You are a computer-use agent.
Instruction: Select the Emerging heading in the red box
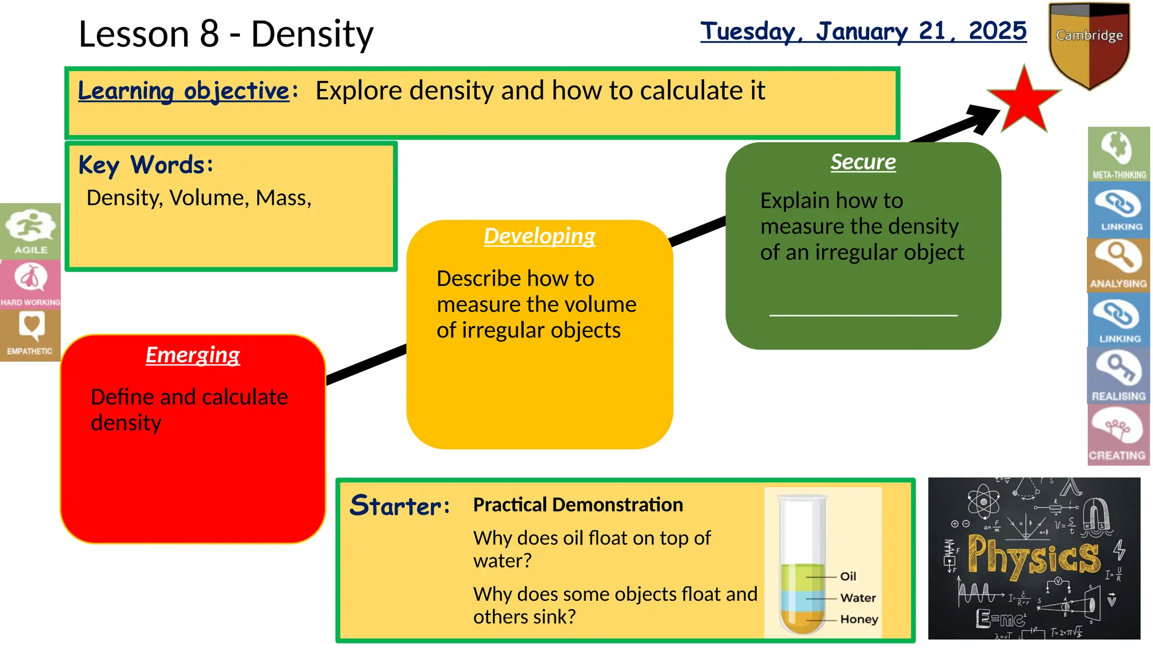(x=193, y=355)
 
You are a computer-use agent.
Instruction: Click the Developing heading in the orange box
(x=539, y=236)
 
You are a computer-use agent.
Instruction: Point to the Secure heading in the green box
(x=863, y=162)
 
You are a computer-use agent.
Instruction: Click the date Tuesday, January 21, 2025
(x=863, y=31)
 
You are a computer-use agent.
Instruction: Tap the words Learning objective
(x=184, y=91)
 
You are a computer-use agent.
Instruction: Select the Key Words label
(x=146, y=165)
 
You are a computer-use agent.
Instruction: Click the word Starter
(x=399, y=505)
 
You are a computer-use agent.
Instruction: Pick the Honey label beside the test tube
(x=859, y=619)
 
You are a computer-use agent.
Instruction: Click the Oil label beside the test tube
(x=848, y=576)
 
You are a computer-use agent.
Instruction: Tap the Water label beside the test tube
(x=857, y=597)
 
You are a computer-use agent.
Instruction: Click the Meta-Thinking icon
(x=1118, y=154)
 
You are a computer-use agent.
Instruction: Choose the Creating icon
(x=1118, y=435)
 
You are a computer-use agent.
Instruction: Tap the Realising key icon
(x=1118, y=375)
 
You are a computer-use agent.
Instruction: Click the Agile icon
(x=30, y=231)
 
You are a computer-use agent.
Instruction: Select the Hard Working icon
(x=30, y=283)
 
